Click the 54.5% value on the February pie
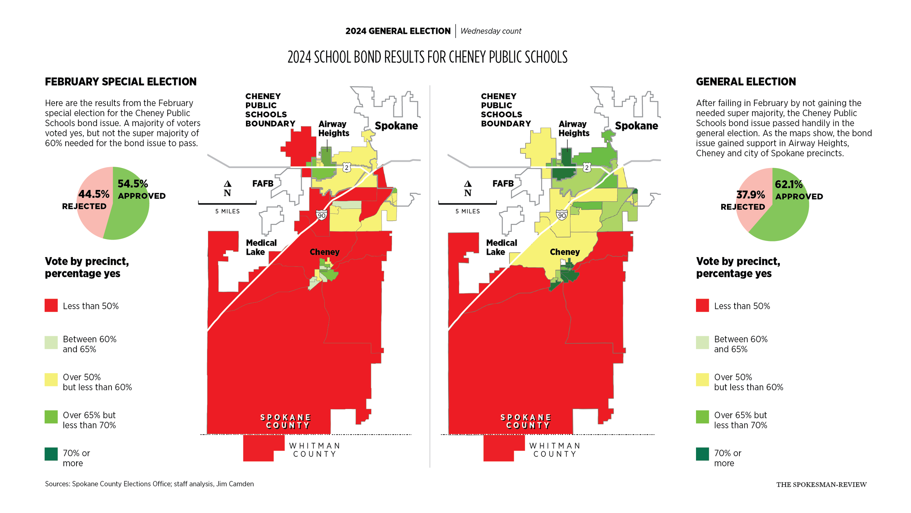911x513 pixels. click(133, 184)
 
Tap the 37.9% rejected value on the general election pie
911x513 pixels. click(750, 195)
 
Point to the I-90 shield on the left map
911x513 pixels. click(321, 215)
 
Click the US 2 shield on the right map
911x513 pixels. click(587, 168)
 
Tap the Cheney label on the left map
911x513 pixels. click(324, 252)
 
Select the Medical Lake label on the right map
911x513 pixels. click(501, 247)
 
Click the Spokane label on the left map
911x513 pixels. click(396, 126)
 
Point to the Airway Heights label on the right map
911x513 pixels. click(574, 129)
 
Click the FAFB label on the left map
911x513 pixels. click(263, 183)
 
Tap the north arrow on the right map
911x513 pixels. click(468, 184)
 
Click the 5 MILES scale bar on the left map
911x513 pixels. click(227, 203)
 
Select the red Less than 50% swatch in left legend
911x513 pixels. click(51, 306)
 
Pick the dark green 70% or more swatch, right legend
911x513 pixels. click(702, 454)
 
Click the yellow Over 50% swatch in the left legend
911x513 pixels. click(51, 380)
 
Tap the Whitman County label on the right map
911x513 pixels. click(555, 450)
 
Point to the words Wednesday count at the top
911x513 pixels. click(490, 31)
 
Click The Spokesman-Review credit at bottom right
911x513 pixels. click(821, 485)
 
